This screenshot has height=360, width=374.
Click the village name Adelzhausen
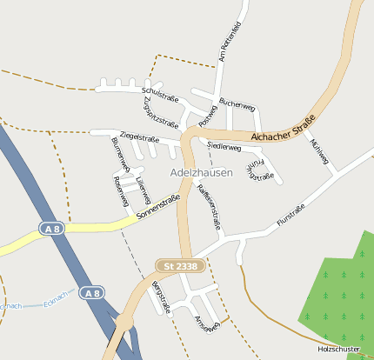pyautogui.click(x=202, y=172)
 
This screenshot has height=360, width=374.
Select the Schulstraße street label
pyautogui.click(x=159, y=90)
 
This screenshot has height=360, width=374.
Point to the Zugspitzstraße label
pyautogui.click(x=154, y=112)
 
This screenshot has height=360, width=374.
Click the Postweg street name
pyautogui.click(x=207, y=112)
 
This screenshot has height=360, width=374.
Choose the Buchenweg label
pyautogui.click(x=237, y=104)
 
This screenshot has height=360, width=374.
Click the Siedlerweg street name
pyautogui.click(x=224, y=148)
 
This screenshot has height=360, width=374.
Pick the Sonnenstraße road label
pyautogui.click(x=157, y=205)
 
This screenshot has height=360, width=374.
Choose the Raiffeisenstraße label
pyautogui.click(x=209, y=206)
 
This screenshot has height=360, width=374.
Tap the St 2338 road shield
pyautogui.click(x=177, y=264)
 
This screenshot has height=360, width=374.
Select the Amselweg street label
pyautogui.click(x=207, y=325)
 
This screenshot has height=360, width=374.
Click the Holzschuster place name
pyautogui.click(x=339, y=349)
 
